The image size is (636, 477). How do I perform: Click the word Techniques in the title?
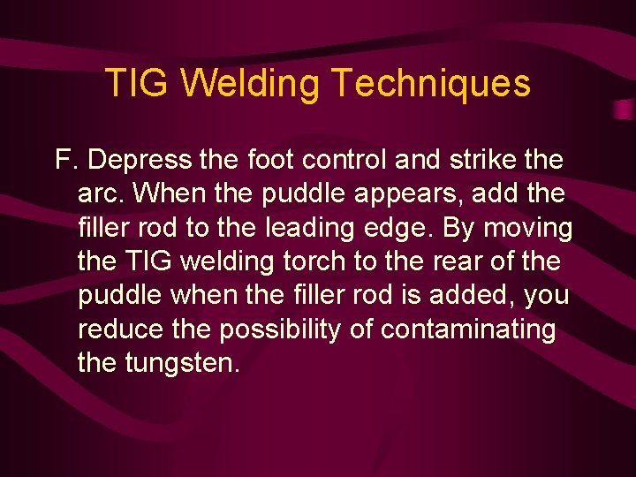[431, 84]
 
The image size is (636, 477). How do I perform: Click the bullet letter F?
[64, 161]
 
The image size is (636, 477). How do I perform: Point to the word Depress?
[140, 161]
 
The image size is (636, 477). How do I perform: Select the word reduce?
[119, 329]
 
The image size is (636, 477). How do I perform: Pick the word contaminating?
[467, 329]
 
